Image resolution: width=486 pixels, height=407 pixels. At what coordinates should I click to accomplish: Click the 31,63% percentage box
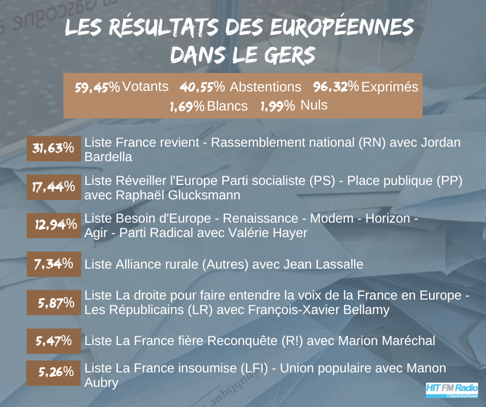point(54,148)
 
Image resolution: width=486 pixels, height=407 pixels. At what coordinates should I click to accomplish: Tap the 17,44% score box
point(54,187)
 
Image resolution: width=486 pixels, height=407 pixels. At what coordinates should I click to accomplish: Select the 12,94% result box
point(54,225)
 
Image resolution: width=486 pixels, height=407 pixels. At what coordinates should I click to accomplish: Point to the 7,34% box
point(54,264)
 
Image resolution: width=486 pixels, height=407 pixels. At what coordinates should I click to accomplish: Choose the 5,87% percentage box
point(54,303)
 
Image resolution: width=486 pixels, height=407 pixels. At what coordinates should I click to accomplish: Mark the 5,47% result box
point(54,340)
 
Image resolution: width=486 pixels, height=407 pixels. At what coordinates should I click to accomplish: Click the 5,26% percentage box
point(54,371)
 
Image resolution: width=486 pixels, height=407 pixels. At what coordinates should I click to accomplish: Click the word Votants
point(145,87)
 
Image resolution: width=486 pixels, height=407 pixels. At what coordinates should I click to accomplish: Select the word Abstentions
point(265,87)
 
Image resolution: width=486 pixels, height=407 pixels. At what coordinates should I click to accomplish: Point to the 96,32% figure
point(336,87)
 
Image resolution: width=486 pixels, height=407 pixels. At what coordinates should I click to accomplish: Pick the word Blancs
point(227,106)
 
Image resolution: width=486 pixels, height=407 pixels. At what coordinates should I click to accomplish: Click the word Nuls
point(314,105)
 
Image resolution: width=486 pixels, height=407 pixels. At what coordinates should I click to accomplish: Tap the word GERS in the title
point(287,54)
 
